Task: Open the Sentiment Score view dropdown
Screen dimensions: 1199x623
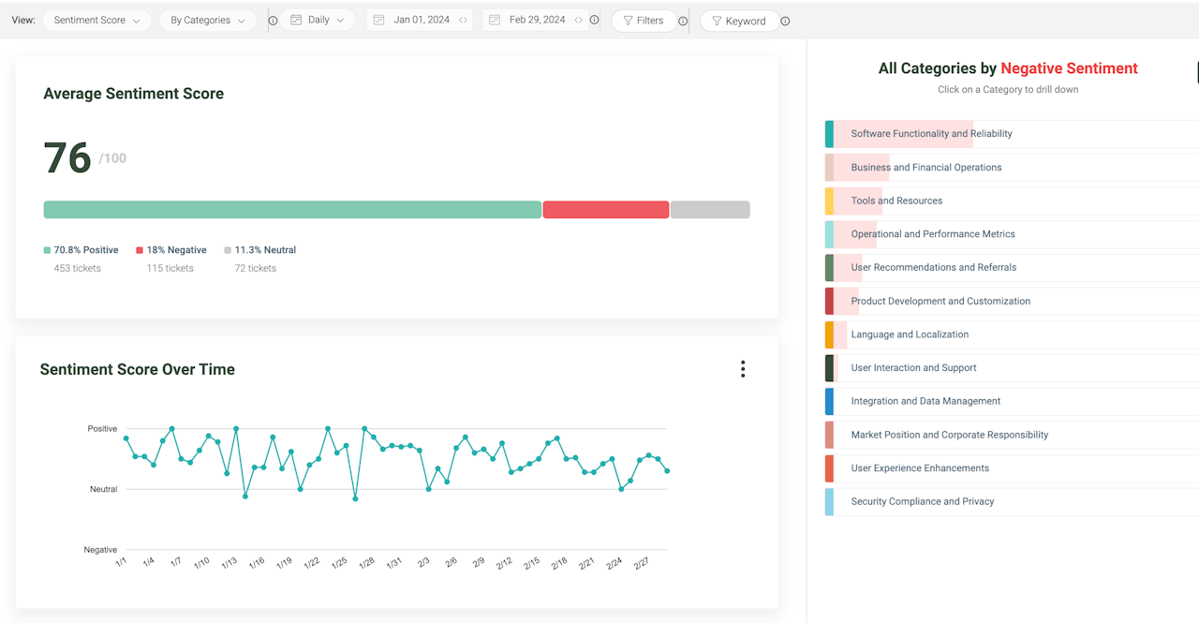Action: (x=96, y=21)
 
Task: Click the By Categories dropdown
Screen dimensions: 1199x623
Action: (x=208, y=21)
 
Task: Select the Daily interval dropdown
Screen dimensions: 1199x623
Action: (x=318, y=20)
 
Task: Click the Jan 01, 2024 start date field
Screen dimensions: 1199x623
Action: (x=420, y=20)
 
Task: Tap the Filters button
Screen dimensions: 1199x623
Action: (x=644, y=21)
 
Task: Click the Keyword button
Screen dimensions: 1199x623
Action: (x=739, y=21)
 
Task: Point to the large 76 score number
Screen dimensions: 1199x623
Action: (x=67, y=158)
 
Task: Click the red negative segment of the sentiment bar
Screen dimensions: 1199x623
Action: (x=606, y=209)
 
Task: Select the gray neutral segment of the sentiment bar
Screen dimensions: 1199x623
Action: (x=710, y=209)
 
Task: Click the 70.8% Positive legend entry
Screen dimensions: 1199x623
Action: (x=81, y=250)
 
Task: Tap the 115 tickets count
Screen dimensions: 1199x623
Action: (x=170, y=268)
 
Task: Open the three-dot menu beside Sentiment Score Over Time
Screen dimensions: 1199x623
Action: (x=743, y=369)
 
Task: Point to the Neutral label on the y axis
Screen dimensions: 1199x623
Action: (x=103, y=489)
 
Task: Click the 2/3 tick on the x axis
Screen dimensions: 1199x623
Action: (x=423, y=562)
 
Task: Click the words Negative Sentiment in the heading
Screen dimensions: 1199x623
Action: (x=1069, y=68)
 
